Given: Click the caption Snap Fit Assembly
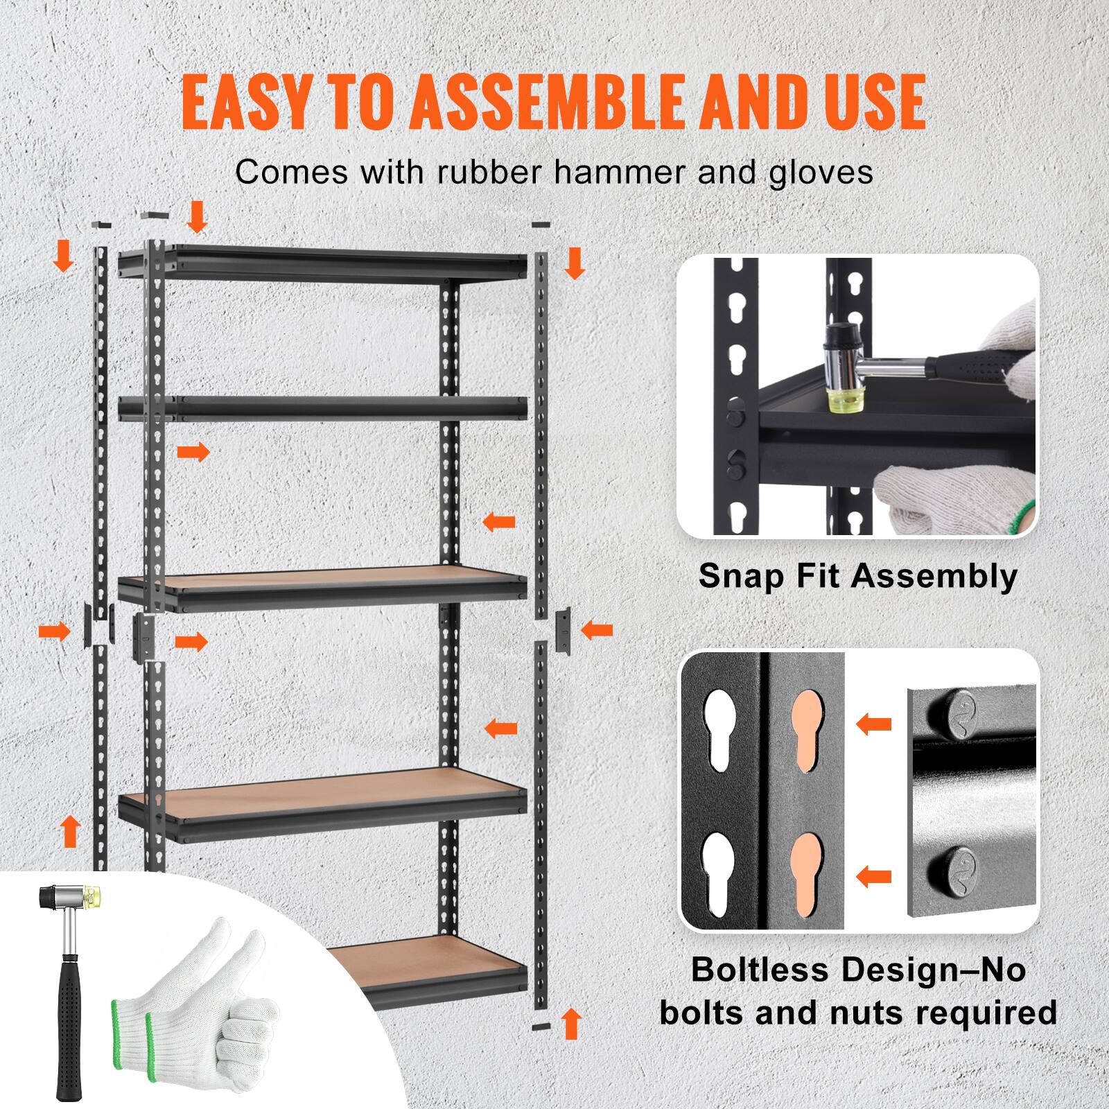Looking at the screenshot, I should tap(858, 576).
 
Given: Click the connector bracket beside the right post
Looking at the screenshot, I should tap(564, 631).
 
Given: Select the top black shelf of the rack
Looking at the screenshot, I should tap(322, 263).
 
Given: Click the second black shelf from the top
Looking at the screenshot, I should tap(322, 409).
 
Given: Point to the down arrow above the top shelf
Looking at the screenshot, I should tap(198, 216).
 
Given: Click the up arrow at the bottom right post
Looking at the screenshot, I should tap(571, 1023).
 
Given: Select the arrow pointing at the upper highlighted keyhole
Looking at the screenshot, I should tap(874, 725).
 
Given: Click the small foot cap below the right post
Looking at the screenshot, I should tap(541, 1024).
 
